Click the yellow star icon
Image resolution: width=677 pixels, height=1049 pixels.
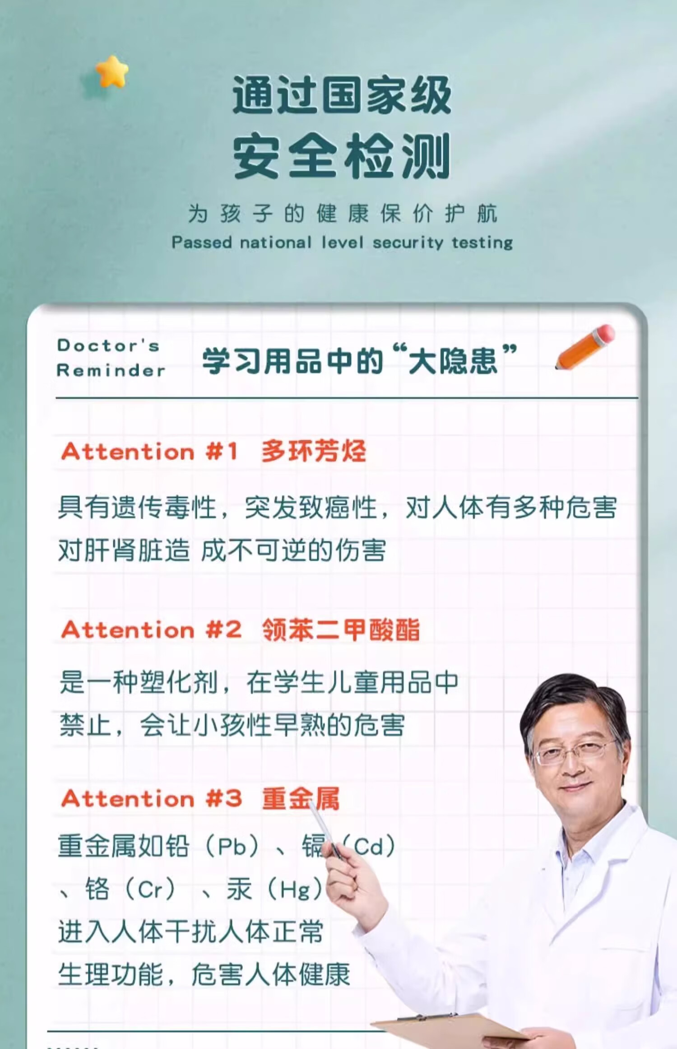tap(112, 71)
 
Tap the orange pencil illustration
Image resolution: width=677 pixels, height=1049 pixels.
tap(585, 347)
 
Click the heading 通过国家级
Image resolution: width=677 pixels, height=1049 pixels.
tap(342, 95)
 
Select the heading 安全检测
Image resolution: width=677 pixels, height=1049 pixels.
tap(342, 156)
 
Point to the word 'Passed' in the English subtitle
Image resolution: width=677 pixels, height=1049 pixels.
tap(201, 243)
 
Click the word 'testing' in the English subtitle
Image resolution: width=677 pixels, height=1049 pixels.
tap(482, 243)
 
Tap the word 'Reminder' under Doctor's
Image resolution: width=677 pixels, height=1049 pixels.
tap(111, 370)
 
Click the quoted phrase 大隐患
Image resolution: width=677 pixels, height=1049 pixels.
tap(454, 360)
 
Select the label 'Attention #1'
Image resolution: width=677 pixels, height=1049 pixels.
tap(149, 451)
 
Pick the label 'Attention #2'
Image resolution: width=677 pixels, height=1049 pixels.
tap(151, 629)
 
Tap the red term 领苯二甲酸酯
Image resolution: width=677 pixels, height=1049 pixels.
tap(341, 629)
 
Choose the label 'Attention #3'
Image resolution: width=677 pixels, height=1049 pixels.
tap(151, 799)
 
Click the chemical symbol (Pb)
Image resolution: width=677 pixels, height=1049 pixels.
tap(232, 846)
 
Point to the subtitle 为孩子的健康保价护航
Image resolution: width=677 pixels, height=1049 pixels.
tap(343, 213)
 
